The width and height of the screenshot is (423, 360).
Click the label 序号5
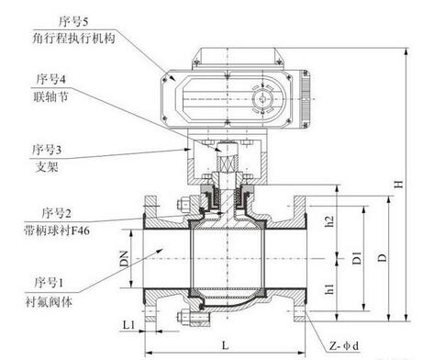[x=73, y=21]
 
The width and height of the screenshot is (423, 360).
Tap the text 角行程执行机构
[x=73, y=39]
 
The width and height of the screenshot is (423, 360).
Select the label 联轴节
[x=50, y=96]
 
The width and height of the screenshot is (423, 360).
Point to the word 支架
[x=47, y=167]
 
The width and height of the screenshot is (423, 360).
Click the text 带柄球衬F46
[x=57, y=231]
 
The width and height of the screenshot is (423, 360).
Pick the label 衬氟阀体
[x=49, y=302]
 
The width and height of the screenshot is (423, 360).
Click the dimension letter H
[x=398, y=184]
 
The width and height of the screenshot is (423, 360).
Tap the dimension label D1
[x=357, y=258]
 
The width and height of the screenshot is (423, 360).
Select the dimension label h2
[x=329, y=221]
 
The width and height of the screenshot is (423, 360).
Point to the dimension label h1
[x=329, y=289]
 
